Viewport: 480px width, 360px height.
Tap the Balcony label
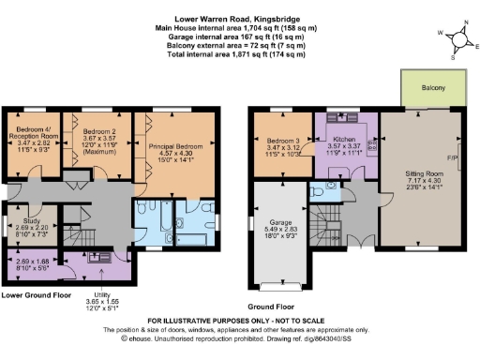(x=432, y=89)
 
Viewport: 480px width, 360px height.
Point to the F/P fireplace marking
(x=457, y=157)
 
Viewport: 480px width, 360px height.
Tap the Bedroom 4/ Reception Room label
(x=33, y=130)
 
